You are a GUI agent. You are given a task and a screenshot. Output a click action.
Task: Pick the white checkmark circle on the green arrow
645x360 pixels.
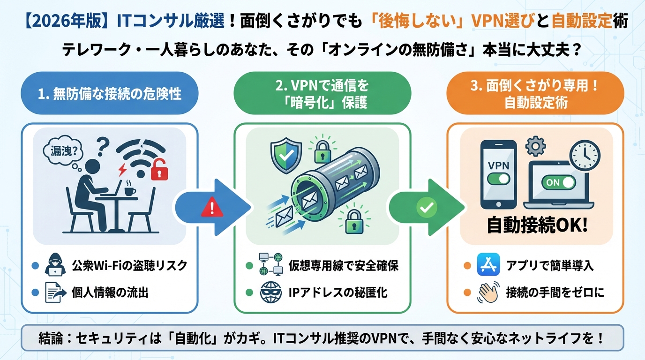[427, 207]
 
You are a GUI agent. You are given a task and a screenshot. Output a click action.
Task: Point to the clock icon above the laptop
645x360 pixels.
[584, 155]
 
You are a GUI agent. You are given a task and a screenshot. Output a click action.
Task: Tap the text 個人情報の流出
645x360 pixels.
[110, 293]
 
